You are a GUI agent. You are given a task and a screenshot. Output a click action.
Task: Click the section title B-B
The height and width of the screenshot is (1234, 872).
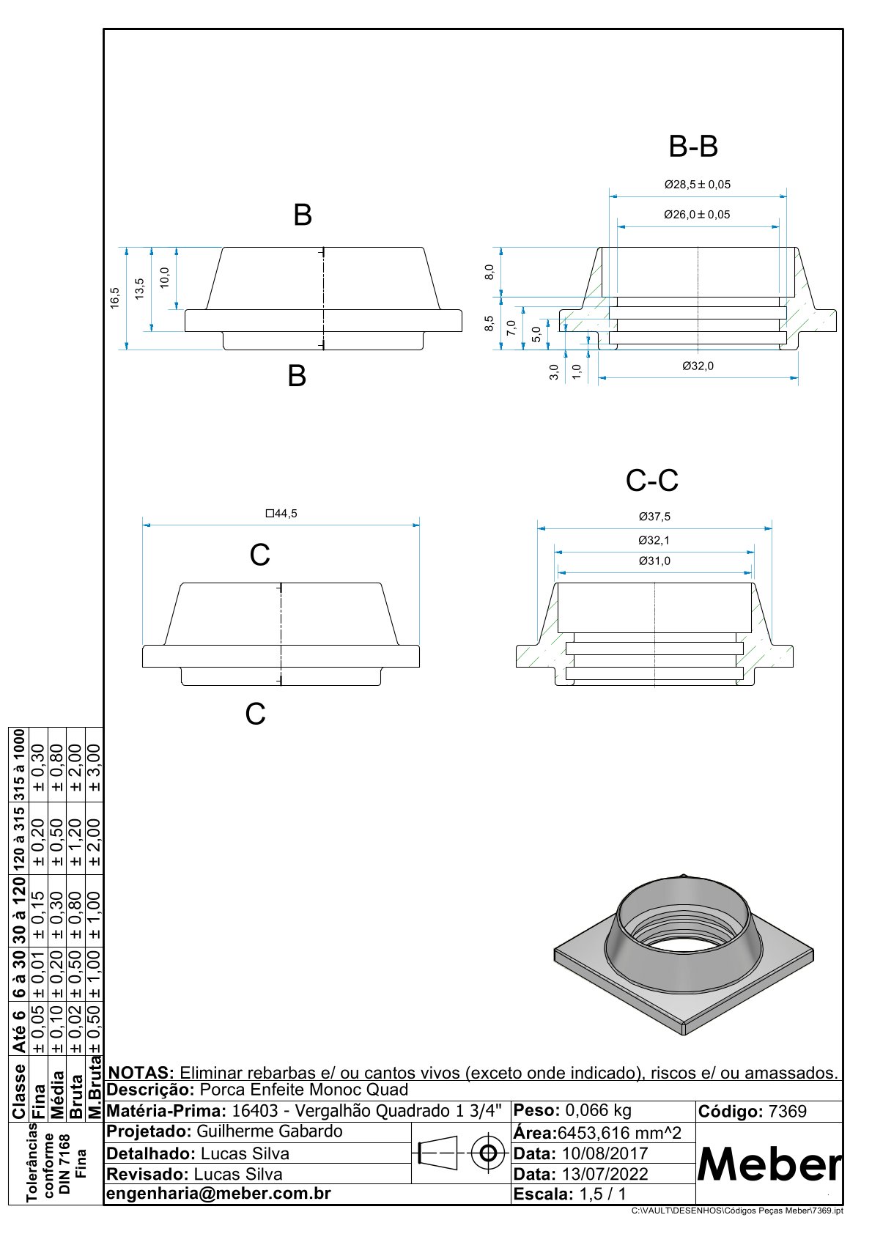(693, 147)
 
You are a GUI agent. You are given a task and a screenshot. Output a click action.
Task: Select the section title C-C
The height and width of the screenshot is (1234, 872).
(652, 481)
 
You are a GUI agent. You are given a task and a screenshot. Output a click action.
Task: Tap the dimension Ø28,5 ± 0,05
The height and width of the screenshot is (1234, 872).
(697, 185)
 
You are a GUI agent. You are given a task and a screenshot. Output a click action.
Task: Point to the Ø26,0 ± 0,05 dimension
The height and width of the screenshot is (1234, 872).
(697, 215)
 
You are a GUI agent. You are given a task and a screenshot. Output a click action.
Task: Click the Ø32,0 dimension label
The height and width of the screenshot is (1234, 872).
(698, 366)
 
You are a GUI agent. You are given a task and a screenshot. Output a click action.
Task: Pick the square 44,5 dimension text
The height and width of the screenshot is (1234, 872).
(281, 514)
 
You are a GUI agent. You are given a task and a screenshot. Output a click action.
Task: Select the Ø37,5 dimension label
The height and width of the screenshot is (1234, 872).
(654, 517)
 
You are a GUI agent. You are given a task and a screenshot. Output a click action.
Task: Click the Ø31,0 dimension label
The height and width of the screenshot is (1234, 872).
(654, 561)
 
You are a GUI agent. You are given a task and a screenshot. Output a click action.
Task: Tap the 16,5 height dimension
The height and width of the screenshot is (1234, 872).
(115, 298)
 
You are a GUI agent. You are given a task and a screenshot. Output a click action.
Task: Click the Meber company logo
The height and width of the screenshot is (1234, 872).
(769, 1164)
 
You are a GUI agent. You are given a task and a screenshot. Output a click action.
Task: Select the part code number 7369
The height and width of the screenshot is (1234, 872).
(787, 1112)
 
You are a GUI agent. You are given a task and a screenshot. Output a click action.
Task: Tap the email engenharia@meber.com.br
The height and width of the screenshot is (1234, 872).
(219, 1194)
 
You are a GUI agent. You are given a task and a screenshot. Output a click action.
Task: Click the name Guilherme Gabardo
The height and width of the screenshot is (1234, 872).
(269, 1131)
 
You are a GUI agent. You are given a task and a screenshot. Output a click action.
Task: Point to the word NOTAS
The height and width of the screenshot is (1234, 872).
(141, 1073)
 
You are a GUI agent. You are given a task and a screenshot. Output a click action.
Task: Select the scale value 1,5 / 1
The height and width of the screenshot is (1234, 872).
(602, 1194)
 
